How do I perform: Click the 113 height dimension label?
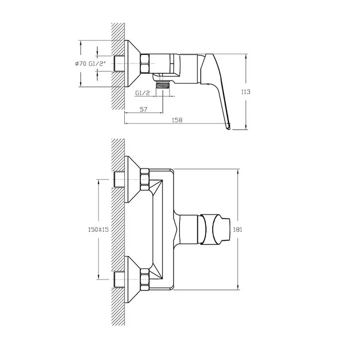click(246, 92)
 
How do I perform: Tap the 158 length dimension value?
click(177, 120)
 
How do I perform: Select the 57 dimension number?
click(144, 109)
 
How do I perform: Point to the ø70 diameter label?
click(81, 63)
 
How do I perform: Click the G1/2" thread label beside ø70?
click(97, 63)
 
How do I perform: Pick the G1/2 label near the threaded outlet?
click(142, 93)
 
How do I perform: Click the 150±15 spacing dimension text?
click(98, 229)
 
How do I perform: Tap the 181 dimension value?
click(238, 229)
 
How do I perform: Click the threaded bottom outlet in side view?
click(163, 85)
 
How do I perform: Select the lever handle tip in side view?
click(228, 127)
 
